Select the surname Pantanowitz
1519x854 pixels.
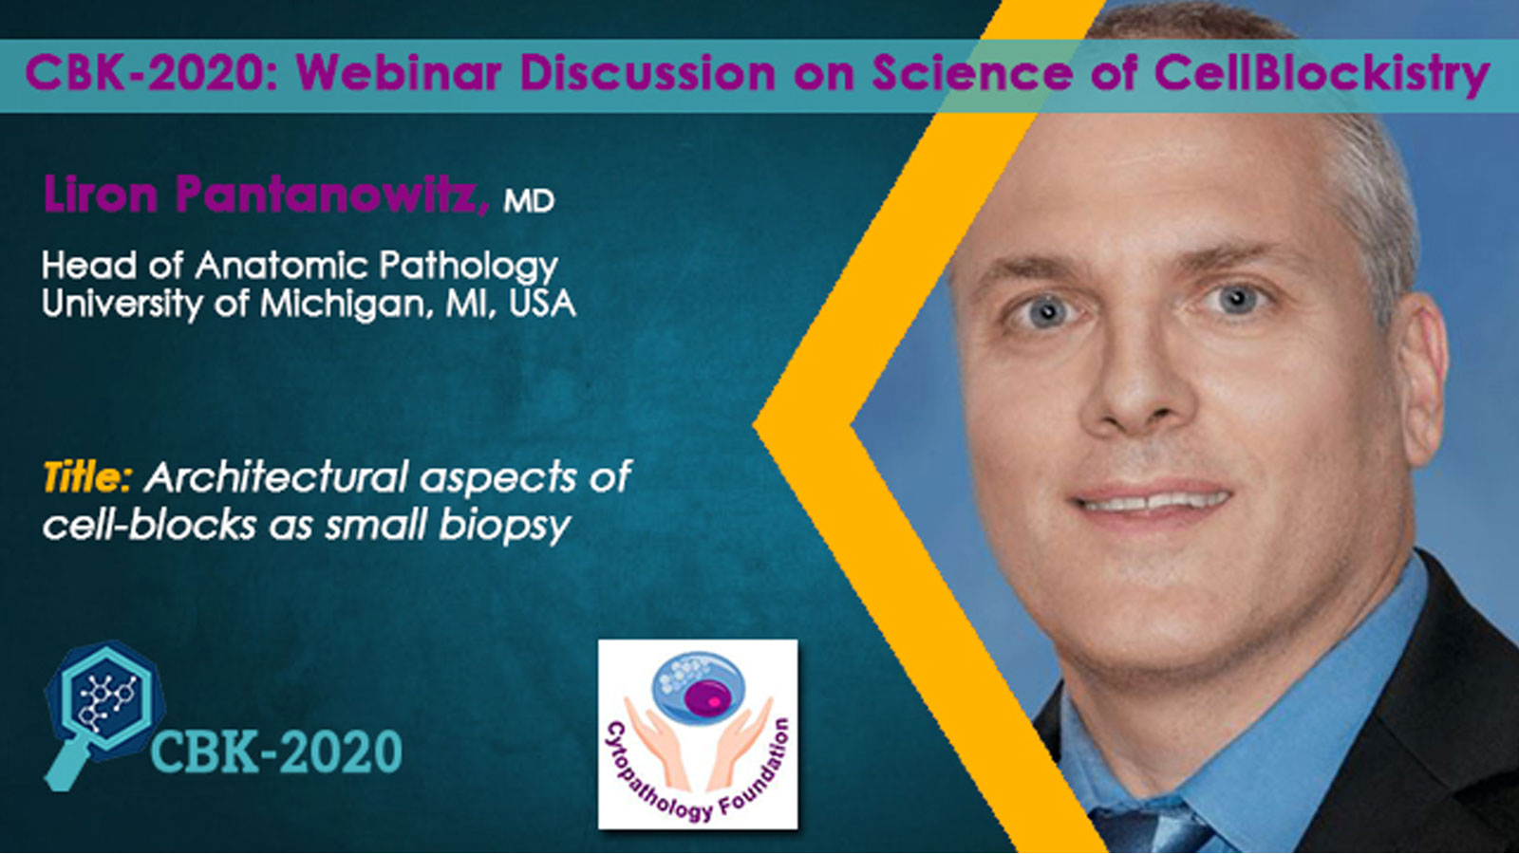331,195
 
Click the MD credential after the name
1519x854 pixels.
529,200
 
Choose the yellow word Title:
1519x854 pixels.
86,477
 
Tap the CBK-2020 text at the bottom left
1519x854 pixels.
276,752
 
